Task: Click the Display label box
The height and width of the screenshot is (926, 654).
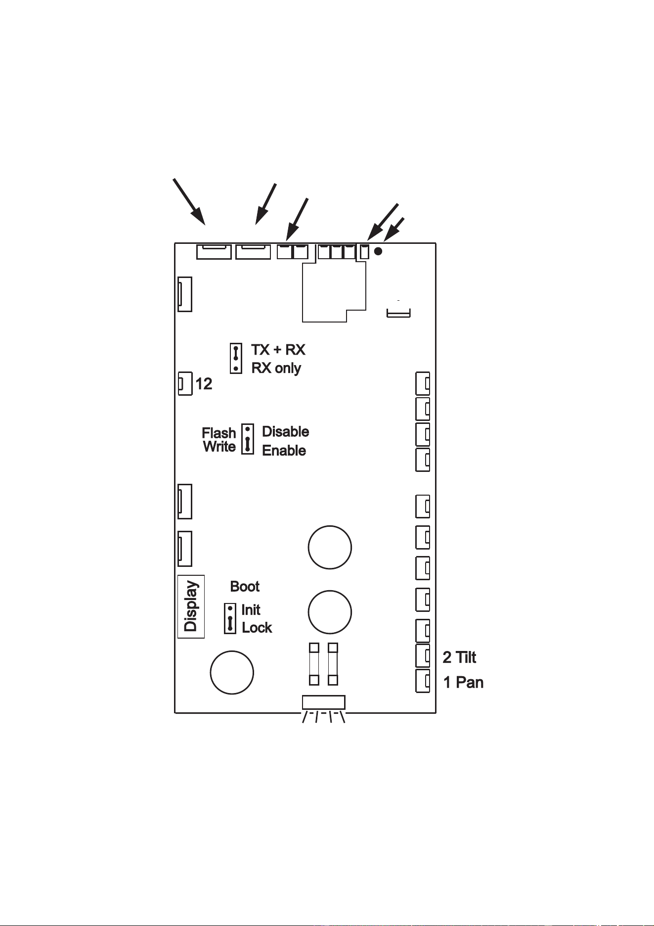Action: point(191,606)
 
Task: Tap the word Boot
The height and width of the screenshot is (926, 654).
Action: point(245,587)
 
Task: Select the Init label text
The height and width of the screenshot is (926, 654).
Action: point(251,610)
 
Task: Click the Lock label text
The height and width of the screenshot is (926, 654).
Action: point(257,628)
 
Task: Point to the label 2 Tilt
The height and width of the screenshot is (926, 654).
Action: point(459,657)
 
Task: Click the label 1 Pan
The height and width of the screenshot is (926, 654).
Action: point(463,683)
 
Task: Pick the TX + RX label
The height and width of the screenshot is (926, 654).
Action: point(278,350)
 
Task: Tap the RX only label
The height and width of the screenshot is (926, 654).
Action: point(276,368)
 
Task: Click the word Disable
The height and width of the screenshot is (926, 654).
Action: point(285,431)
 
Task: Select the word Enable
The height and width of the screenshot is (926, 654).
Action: point(284,451)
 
